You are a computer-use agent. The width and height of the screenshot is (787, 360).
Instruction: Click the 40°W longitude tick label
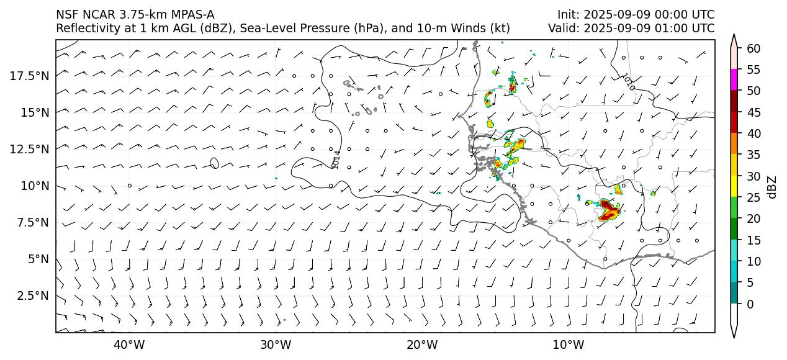click(129, 344)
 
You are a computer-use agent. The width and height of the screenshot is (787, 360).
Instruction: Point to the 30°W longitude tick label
click(276, 344)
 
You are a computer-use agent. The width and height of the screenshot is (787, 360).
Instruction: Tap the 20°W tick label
click(422, 344)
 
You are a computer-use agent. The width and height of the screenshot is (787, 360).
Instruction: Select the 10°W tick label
click(568, 344)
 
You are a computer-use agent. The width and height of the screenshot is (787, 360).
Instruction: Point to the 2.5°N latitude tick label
click(32, 295)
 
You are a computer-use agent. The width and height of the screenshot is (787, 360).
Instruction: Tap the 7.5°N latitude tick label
click(32, 222)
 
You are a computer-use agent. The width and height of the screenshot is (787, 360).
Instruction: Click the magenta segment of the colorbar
click(734, 80)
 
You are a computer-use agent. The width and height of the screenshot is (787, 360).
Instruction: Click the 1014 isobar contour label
click(336, 160)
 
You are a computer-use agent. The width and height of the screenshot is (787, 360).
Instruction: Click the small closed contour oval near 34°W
click(214, 163)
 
